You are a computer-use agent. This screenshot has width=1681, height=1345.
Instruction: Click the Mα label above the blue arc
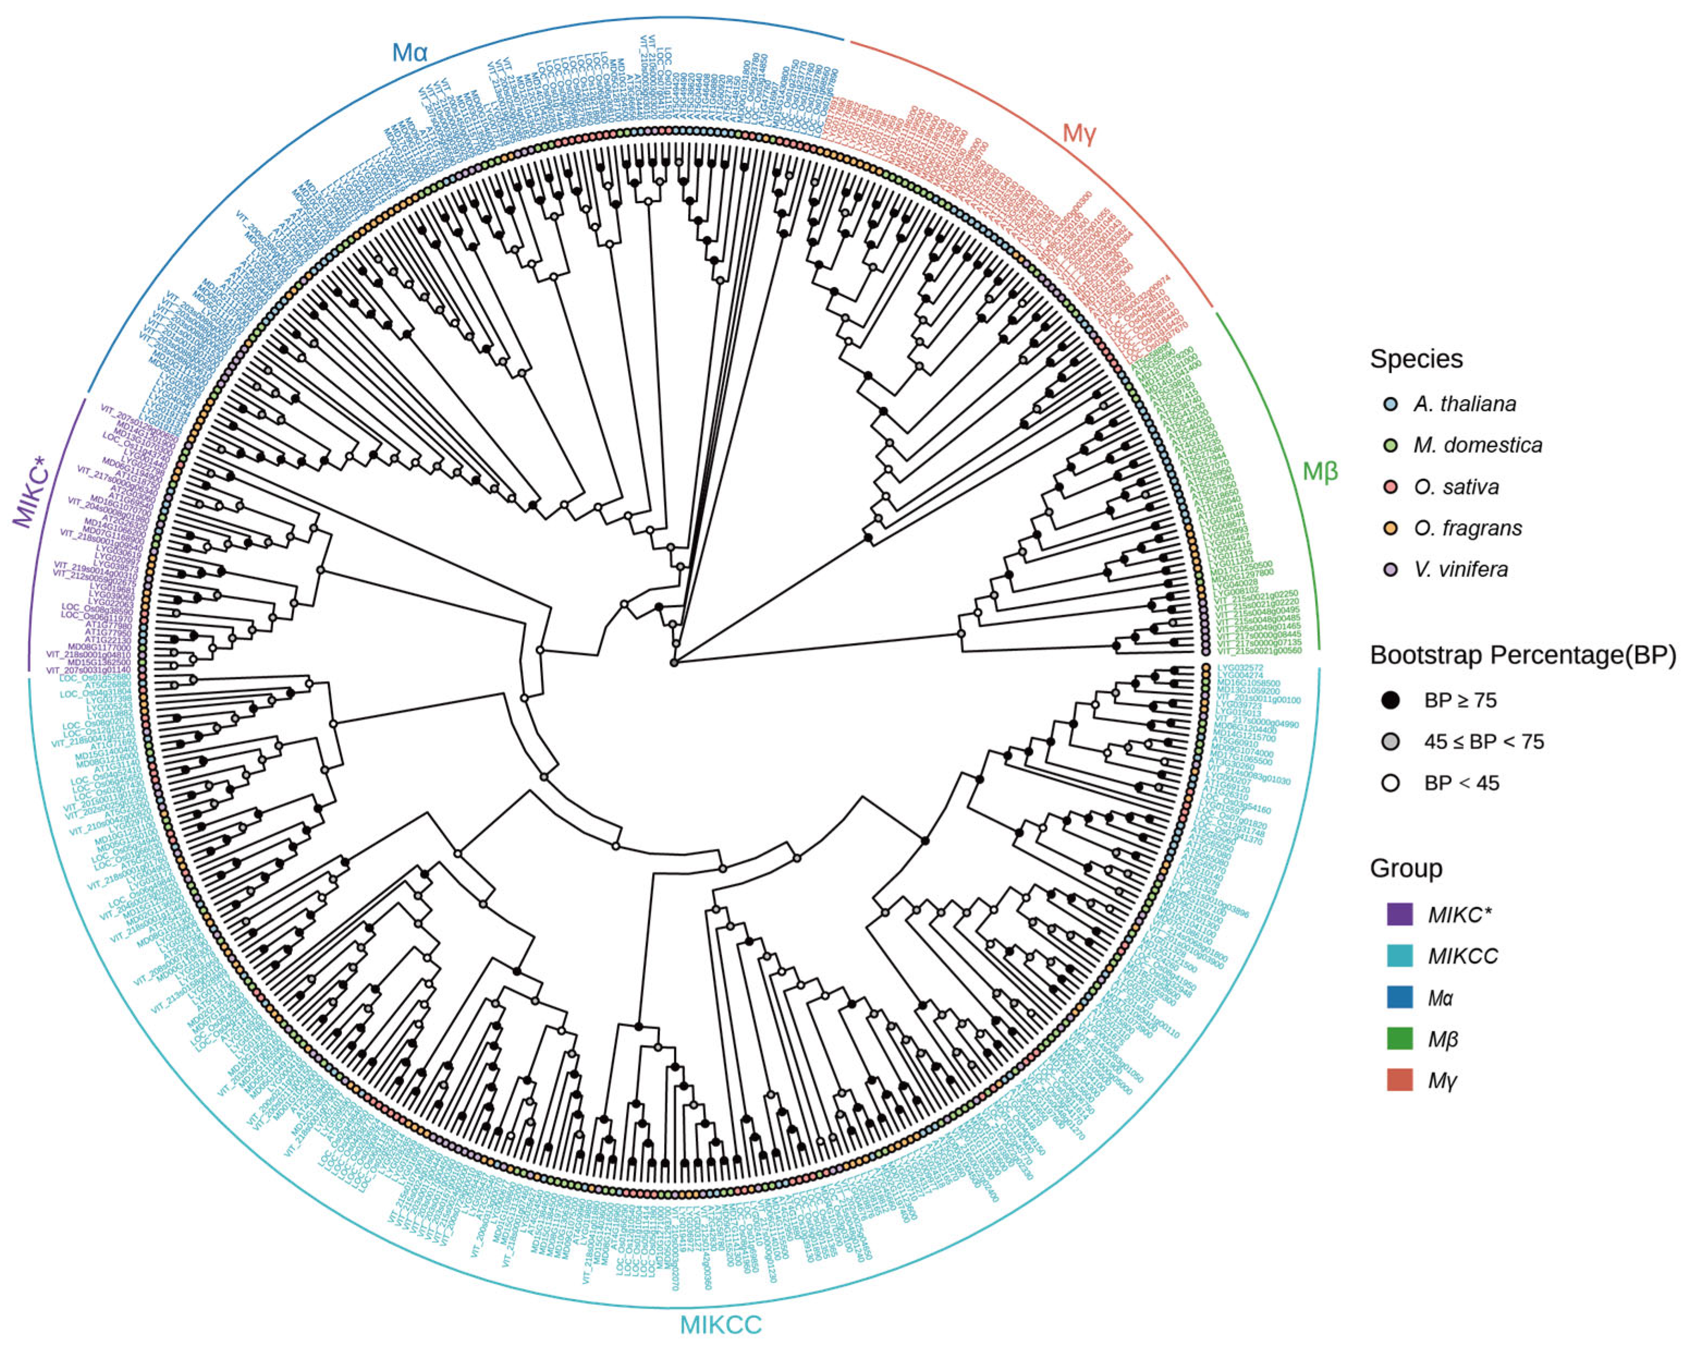click(409, 53)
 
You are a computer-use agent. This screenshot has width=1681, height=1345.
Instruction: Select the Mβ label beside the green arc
click(1320, 471)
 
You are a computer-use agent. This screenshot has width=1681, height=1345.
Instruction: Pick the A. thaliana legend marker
click(1390, 404)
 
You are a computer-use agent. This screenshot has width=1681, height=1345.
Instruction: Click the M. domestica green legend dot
click(1390, 445)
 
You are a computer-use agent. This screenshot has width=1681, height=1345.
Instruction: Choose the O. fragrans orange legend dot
click(1390, 529)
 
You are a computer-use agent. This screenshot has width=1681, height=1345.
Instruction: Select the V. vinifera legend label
click(1461, 570)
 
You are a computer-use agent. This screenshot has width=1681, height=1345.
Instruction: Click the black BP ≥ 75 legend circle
click(1390, 700)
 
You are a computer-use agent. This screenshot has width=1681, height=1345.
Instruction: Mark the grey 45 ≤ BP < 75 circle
click(1390, 742)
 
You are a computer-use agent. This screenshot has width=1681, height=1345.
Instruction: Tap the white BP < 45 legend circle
click(1390, 783)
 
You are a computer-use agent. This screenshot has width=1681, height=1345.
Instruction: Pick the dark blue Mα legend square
click(1400, 997)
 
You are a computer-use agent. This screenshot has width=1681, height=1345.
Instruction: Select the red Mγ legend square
click(1400, 1080)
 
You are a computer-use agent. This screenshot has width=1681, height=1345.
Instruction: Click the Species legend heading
click(1416, 359)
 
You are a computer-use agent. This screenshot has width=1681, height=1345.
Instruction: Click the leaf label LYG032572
click(1240, 668)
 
